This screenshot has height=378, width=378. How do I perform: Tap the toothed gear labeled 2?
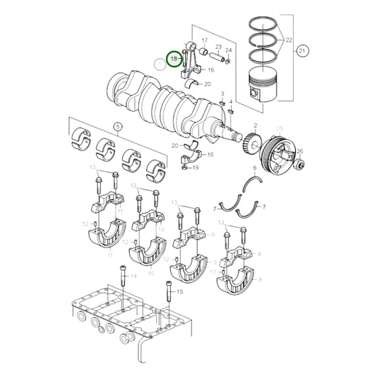pyautogui.click(x=255, y=148)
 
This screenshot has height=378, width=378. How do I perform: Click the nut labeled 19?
pyautogui.click(x=185, y=168)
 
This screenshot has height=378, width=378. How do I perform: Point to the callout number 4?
pyautogui.click(x=230, y=101)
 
